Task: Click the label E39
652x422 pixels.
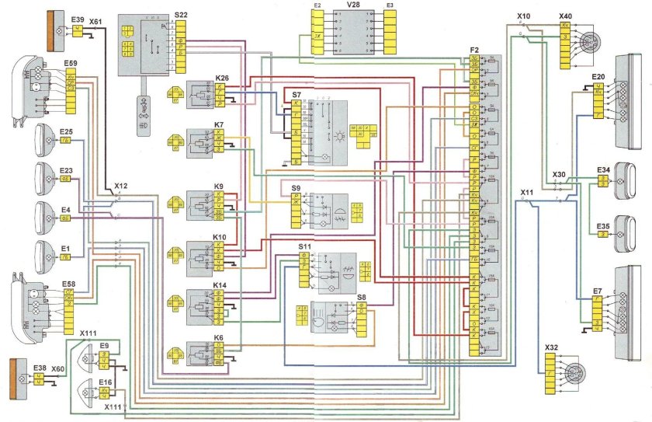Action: click(77, 18)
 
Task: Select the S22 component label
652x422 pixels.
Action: click(181, 15)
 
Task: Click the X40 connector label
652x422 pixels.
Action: click(565, 16)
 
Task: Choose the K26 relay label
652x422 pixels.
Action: click(223, 78)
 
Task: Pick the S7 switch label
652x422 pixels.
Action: click(297, 94)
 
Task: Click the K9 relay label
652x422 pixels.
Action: click(219, 187)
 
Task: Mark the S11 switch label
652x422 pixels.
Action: click(304, 246)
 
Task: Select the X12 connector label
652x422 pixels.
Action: click(120, 187)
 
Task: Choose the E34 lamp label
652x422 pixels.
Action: click(603, 169)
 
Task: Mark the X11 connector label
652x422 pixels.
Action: click(527, 191)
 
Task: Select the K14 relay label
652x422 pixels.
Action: click(220, 287)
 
